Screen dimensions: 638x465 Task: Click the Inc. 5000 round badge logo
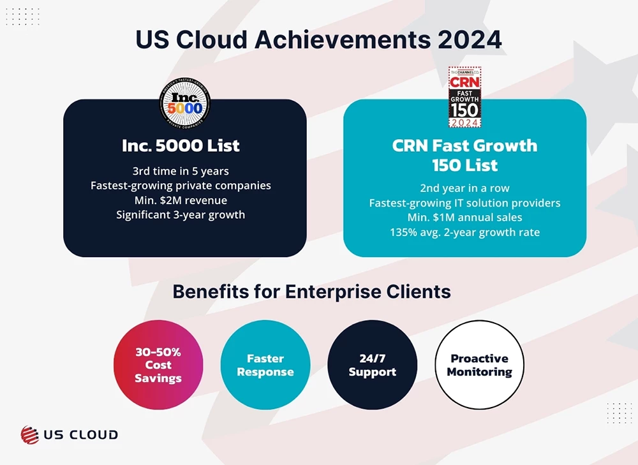coord(185,103)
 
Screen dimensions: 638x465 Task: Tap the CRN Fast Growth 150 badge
coord(464,97)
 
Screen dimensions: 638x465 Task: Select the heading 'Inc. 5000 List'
coord(181,145)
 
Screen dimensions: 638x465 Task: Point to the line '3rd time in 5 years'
coord(181,171)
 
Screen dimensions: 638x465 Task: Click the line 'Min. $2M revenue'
coord(181,200)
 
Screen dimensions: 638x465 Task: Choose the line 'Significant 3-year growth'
coord(181,214)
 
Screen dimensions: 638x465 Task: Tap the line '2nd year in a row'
coord(464,188)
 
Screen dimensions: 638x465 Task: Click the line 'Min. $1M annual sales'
coord(464,218)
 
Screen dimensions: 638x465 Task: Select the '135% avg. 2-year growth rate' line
coord(464,232)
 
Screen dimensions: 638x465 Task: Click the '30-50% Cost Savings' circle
coord(158,364)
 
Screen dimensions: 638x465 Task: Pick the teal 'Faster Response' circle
coord(265,364)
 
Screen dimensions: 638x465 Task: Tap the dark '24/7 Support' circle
coord(373,364)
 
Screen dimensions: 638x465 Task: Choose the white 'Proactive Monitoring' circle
coord(479,364)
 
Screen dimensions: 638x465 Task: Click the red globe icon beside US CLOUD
coord(30,434)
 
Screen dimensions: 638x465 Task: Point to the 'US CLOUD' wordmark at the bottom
coord(80,434)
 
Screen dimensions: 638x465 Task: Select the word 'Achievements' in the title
coord(342,40)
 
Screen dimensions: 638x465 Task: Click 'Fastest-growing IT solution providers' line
coord(464,203)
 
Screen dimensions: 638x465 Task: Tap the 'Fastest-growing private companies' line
coord(181,186)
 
